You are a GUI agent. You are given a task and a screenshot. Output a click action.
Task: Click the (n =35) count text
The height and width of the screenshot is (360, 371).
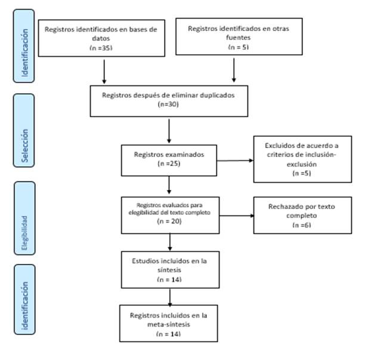(101, 48)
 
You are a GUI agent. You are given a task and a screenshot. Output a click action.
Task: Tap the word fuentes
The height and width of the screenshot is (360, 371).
(238, 38)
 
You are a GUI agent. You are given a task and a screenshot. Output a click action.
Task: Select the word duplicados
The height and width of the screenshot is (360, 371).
(217, 95)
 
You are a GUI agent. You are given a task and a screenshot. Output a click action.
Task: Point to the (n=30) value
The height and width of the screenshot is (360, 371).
(168, 104)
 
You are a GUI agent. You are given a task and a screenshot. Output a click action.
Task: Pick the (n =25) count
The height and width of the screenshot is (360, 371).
(169, 164)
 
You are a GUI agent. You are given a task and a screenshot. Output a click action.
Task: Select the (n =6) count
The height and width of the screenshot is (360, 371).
(302, 225)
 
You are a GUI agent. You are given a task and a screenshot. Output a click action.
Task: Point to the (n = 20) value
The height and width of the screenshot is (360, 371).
(169, 221)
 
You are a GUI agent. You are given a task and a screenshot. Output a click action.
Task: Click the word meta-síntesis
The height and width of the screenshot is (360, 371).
(169, 324)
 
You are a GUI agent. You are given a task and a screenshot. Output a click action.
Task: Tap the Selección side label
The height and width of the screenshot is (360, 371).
(24, 146)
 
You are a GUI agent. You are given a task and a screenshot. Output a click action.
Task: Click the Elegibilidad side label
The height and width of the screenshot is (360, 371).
(24, 233)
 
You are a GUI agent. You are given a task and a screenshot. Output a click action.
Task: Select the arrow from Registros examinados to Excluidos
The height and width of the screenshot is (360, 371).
(235, 161)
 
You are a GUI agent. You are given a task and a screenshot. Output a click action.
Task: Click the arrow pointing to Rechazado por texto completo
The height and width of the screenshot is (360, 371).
(237, 216)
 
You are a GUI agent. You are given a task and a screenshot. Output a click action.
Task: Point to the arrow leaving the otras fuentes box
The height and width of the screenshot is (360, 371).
(234, 70)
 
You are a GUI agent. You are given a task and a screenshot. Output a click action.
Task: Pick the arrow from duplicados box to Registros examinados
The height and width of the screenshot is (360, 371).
(169, 131)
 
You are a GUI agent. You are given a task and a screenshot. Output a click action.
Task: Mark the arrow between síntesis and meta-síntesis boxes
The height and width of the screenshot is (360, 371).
(170, 297)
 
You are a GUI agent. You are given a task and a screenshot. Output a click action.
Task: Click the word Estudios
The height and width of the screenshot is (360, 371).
(143, 261)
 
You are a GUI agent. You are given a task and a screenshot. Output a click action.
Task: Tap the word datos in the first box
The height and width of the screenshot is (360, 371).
(101, 38)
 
